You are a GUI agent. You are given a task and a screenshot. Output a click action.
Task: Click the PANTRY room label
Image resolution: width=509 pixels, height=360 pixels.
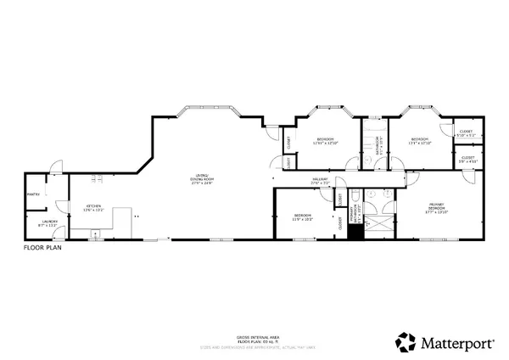click(34, 194)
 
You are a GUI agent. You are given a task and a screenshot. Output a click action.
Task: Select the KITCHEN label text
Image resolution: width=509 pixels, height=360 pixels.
click(92, 207)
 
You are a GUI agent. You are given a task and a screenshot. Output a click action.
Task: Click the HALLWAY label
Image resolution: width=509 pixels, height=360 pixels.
click(320, 180)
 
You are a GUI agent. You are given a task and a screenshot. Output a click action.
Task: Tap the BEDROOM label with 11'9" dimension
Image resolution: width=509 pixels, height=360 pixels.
click(303, 217)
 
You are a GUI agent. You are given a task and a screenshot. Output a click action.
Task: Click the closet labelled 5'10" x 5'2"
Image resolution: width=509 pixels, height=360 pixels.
click(467, 133)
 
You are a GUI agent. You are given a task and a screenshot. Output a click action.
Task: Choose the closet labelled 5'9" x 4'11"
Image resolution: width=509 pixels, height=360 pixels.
click(468, 159)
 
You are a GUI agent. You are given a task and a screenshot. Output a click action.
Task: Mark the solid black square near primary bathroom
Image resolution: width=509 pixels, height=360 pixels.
click(355, 231)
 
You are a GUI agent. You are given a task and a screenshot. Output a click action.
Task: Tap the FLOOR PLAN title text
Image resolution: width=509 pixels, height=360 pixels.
click(41, 250)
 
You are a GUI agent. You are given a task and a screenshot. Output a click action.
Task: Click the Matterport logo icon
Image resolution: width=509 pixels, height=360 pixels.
click(406, 341)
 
